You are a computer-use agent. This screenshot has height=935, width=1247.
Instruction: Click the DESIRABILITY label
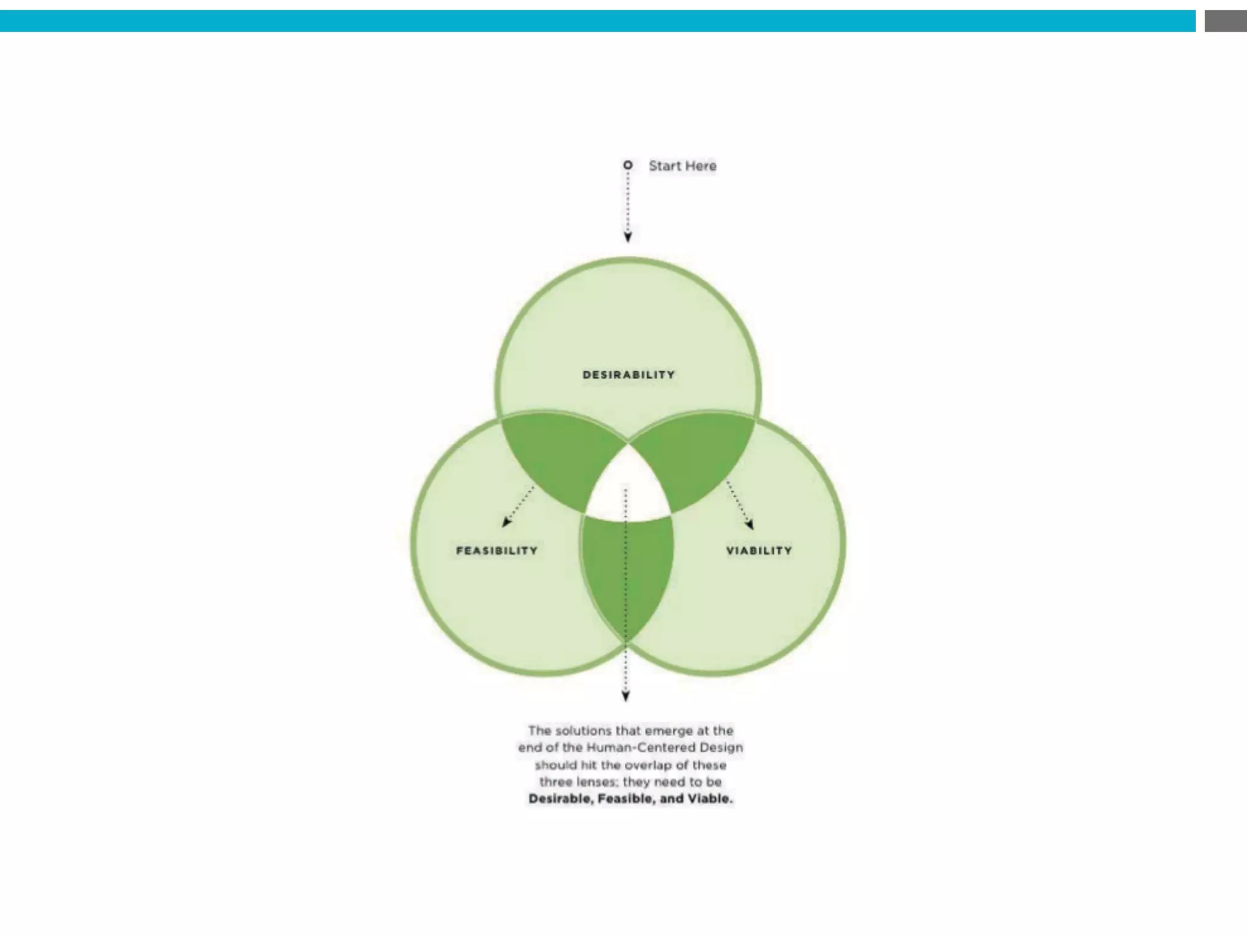tap(628, 375)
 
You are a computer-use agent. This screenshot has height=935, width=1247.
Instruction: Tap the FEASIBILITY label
tap(497, 551)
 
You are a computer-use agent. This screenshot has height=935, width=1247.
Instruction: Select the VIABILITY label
tap(759, 551)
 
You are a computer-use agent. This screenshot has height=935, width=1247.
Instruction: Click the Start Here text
tap(682, 166)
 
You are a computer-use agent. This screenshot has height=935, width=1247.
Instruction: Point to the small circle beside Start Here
tap(628, 165)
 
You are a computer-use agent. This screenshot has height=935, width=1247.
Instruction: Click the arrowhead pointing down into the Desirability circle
tap(628, 237)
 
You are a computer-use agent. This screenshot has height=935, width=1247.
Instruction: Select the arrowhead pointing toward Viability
tap(750, 524)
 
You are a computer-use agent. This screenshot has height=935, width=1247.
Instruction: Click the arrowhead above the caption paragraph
tap(625, 696)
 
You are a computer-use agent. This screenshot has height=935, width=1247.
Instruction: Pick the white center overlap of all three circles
tap(627, 487)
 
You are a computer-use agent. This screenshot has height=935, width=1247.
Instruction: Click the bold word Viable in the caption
tap(709, 799)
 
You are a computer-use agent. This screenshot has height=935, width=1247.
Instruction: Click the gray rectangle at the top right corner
tap(1225, 21)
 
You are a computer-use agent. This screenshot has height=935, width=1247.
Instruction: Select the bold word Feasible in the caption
tap(626, 799)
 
